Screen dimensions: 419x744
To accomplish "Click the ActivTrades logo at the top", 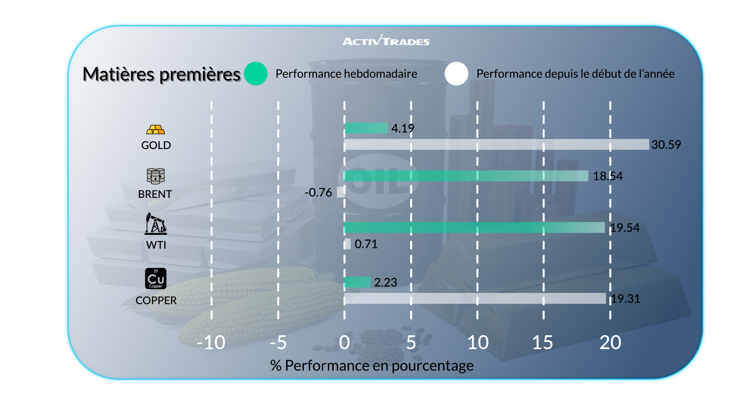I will [x=386, y=40].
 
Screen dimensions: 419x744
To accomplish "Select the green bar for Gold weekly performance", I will [x=366, y=128].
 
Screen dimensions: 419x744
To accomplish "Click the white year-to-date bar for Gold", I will [x=496, y=144].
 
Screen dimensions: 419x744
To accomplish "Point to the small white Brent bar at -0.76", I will [x=341, y=192].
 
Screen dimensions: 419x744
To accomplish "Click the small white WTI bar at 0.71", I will [x=347, y=244].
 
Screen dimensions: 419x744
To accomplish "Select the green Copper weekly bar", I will [x=357, y=282].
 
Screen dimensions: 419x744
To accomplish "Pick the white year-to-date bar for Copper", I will [x=475, y=298].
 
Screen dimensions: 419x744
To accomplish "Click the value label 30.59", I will [x=666, y=145].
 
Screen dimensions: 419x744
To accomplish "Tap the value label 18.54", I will [x=608, y=176].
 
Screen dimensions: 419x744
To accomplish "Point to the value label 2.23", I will [x=386, y=282].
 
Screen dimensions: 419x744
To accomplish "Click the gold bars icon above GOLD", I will [x=156, y=130].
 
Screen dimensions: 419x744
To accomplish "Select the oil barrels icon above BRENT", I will [x=156, y=176].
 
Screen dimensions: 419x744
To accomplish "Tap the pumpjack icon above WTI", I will [x=156, y=224].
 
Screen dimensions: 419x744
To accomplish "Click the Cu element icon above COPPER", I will [x=156, y=279].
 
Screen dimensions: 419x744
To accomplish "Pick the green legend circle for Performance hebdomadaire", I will [x=256, y=74].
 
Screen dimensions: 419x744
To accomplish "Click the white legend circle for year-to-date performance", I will [x=456, y=74].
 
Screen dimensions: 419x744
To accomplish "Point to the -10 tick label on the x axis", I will [x=211, y=343].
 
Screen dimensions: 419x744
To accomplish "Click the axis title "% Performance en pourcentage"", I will [x=372, y=365].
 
